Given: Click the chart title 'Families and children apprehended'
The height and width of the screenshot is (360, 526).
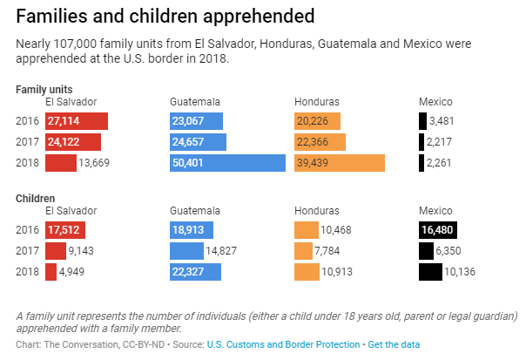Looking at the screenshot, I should pyautogui.click(x=165, y=16).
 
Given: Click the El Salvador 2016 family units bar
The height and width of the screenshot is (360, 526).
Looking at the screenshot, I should pyautogui.click(x=77, y=121).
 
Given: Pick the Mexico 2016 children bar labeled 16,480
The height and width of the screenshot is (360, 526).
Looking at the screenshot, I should pyautogui.click(x=444, y=230).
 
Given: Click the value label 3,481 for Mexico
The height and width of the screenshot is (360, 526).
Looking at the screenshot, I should pyautogui.click(x=443, y=121).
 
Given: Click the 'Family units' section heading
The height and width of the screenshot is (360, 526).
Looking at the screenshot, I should pyautogui.click(x=44, y=89).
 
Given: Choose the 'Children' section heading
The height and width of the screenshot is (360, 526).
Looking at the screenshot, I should pyautogui.click(x=36, y=199).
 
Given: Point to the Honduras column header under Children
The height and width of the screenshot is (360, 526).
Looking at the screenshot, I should pyautogui.click(x=317, y=211).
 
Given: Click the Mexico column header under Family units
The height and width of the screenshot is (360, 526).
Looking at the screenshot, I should pyautogui.click(x=436, y=101).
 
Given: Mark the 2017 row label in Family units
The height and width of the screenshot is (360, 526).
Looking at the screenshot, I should pyautogui.click(x=27, y=142).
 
